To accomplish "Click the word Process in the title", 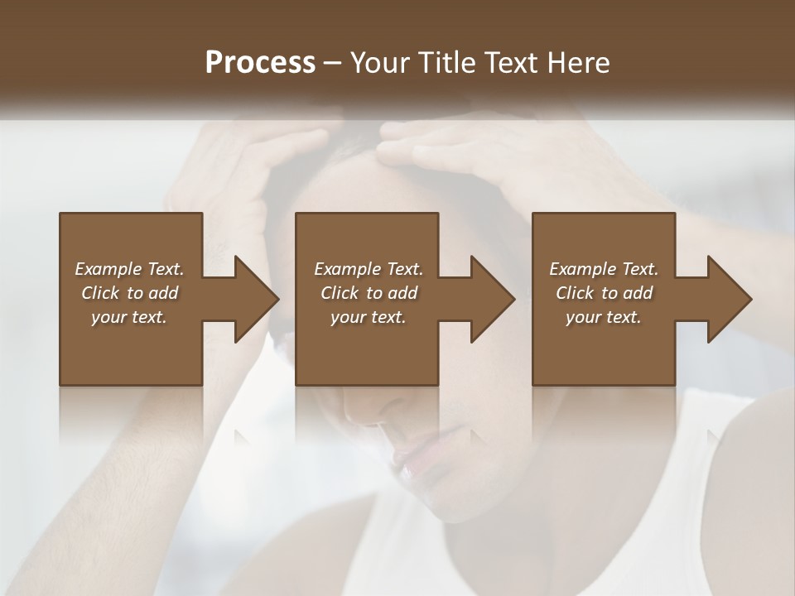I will (x=260, y=62).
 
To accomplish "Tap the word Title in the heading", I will (x=446, y=62).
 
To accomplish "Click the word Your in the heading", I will (x=378, y=62).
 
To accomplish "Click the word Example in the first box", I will (x=108, y=269).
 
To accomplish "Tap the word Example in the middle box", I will (x=346, y=269).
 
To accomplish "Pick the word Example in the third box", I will (x=582, y=269).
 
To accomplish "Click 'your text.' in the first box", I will (x=128, y=317).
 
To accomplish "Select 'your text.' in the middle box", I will (x=368, y=317).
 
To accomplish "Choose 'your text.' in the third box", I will (x=603, y=317).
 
